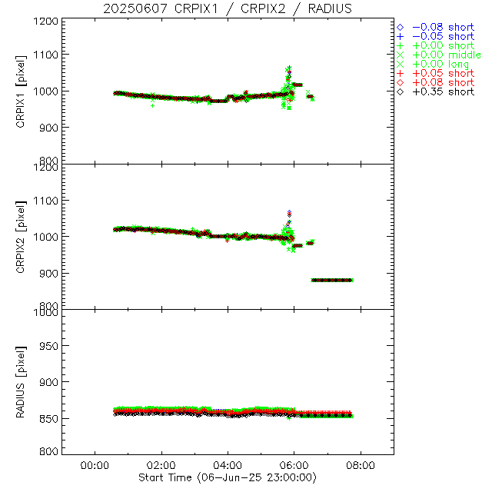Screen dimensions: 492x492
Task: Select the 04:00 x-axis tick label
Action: pos(228,465)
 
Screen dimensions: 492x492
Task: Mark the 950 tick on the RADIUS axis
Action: pos(51,346)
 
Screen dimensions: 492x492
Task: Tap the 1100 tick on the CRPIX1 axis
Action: pos(48,55)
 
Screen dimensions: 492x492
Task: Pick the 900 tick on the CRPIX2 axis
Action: pos(51,273)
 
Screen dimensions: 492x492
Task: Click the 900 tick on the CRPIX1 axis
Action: pos(51,127)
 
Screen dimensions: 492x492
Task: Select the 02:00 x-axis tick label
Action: pos(161,465)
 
